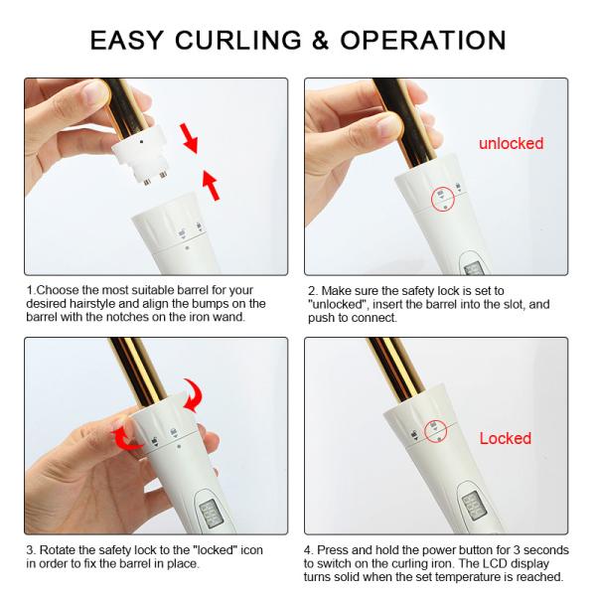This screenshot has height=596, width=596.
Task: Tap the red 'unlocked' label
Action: pos(511,143)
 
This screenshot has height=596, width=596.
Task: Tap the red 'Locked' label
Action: pos(506,438)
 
